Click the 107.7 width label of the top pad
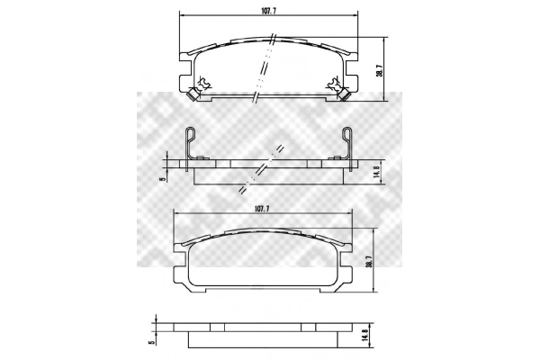pos(268,10)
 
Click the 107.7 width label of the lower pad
pos(261,209)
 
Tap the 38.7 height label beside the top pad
pos(379,69)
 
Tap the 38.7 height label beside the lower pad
pos(369,260)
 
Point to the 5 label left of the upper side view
pos(163,179)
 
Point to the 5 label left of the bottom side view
pos(151,343)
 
